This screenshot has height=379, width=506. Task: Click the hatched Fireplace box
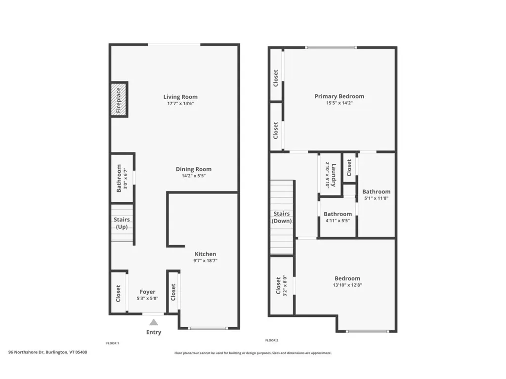(119, 100)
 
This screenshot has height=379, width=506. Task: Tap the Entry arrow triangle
(154, 322)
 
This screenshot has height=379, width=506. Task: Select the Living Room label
(180, 97)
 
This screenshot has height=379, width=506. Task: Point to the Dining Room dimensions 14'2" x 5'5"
(194, 176)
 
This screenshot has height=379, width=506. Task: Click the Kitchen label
(205, 254)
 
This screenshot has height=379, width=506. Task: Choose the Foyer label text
(147, 292)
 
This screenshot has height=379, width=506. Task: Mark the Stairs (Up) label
(122, 223)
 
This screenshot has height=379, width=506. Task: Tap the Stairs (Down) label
(282, 217)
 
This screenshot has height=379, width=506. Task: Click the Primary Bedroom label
(339, 96)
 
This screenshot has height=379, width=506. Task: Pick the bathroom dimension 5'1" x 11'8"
(376, 198)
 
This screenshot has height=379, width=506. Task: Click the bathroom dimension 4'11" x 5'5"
(338, 221)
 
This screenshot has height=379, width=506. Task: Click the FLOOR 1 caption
(112, 342)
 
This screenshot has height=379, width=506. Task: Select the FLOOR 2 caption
(272, 341)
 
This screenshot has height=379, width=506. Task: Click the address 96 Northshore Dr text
(48, 352)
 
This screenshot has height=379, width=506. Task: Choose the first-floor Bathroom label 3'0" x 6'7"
(122, 178)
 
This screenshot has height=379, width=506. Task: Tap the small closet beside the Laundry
(349, 168)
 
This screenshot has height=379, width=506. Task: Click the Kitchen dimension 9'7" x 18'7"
(205, 261)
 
